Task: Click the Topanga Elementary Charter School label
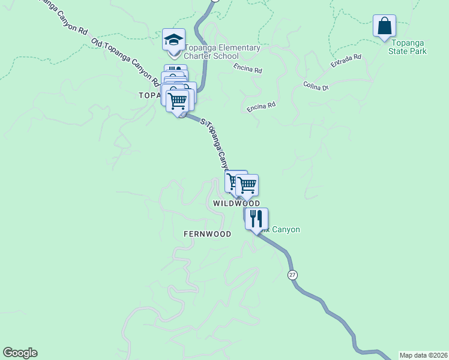(222, 52)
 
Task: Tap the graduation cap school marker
(173, 40)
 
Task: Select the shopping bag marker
(384, 26)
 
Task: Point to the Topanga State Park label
(408, 47)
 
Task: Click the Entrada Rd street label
(346, 61)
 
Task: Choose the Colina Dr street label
(316, 87)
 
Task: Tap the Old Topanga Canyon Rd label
(125, 61)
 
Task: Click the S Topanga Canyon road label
(215, 143)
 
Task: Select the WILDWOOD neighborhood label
(237, 204)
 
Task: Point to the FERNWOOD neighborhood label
(208, 234)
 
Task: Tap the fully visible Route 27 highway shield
(292, 274)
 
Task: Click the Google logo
(20, 353)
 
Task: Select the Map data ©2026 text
(423, 355)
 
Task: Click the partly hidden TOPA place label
(149, 95)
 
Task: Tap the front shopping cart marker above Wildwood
(247, 186)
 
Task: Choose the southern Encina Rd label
(261, 107)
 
